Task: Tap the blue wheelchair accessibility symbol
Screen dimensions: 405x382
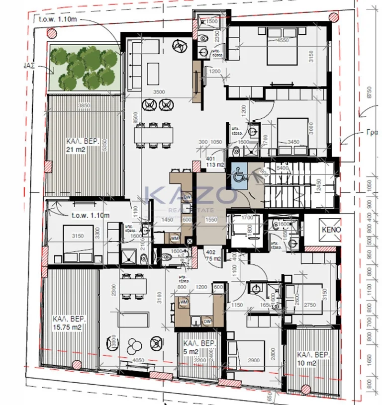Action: pyautogui.click(x=237, y=175)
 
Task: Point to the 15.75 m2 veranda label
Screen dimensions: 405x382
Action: pyautogui.click(x=67, y=323)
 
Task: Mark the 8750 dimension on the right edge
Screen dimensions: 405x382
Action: pyautogui.click(x=368, y=93)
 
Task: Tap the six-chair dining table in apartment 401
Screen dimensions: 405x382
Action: pyautogui.click(x=154, y=134)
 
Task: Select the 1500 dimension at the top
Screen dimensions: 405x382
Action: pyautogui.click(x=212, y=22)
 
